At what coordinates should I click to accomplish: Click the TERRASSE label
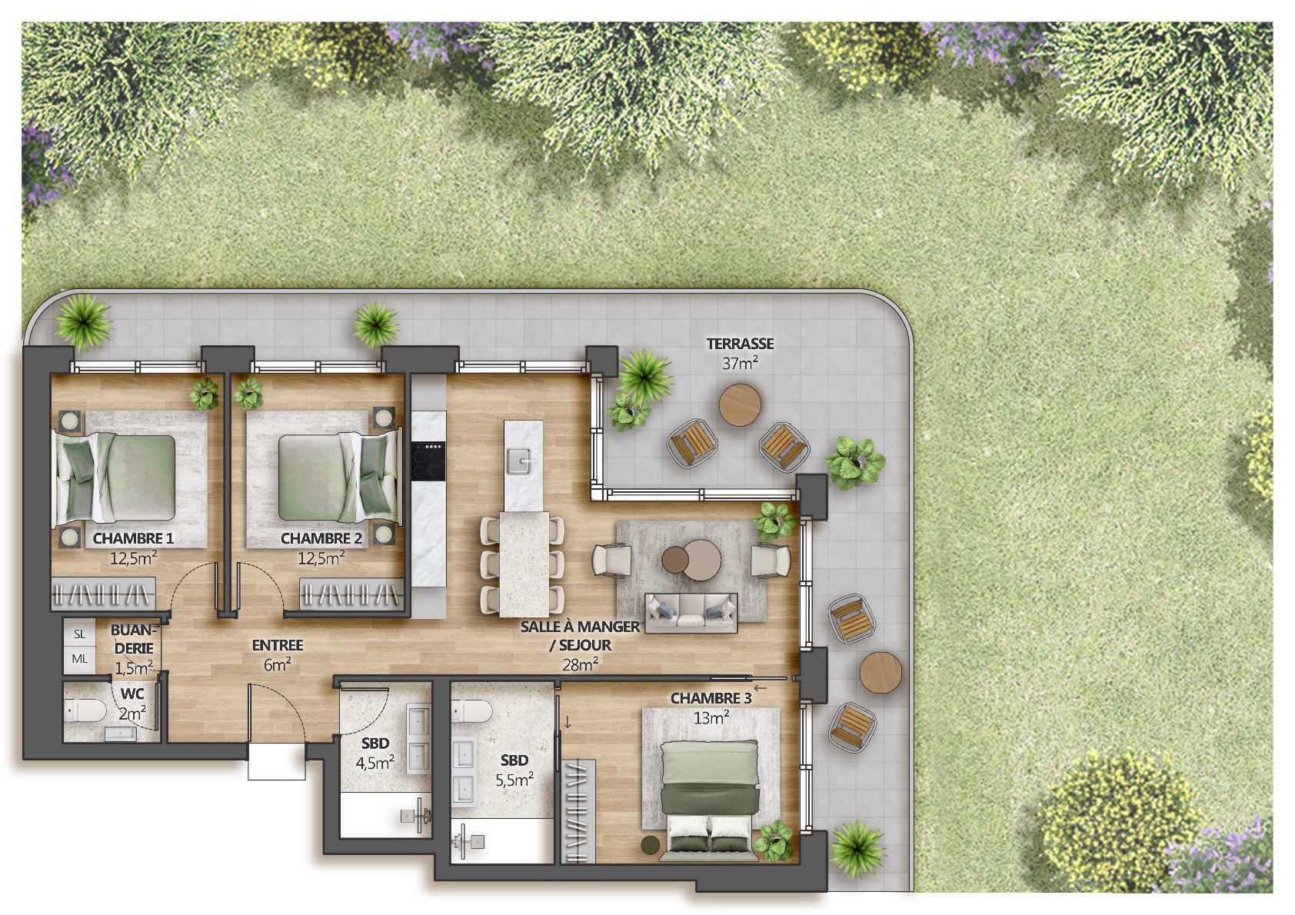[740, 344]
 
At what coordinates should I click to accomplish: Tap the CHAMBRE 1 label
[133, 539]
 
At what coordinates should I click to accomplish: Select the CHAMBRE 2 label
[321, 539]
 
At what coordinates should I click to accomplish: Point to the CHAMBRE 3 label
[711, 699]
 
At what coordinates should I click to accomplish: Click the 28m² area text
[581, 664]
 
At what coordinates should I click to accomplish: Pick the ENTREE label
[278, 645]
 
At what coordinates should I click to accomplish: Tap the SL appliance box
[80, 634]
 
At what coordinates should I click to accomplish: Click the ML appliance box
[80, 659]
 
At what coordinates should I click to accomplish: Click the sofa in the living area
[691, 613]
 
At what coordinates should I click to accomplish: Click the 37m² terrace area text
[740, 363]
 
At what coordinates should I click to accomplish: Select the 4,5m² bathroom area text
[375, 764]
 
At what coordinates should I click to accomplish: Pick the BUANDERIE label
[132, 639]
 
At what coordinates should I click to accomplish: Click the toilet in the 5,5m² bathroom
[471, 711]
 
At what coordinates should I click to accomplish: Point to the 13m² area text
[711, 718]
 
